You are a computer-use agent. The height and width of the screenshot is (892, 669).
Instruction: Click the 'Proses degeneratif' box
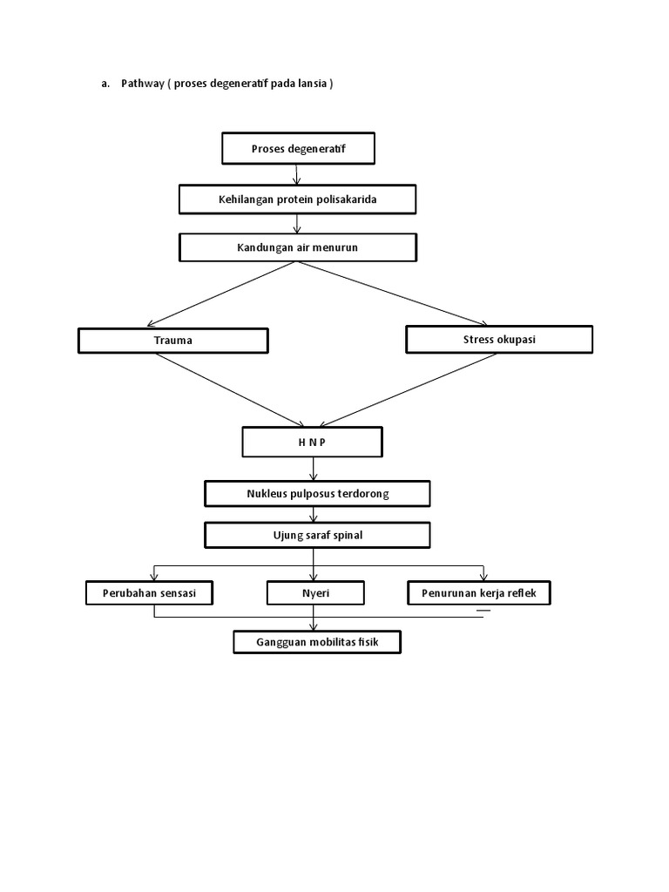[298, 149]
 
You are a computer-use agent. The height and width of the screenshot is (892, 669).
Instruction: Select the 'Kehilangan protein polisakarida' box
[297, 199]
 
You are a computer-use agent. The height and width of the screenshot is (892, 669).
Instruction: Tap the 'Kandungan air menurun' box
[297, 247]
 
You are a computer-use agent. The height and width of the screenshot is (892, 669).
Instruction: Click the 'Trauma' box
[172, 341]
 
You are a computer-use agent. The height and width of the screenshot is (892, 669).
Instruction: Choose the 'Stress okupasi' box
[499, 340]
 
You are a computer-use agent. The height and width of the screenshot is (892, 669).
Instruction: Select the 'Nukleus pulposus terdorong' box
[317, 494]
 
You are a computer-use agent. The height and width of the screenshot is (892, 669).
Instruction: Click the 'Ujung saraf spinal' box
[317, 535]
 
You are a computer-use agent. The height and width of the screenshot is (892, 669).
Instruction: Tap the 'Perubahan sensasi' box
[150, 594]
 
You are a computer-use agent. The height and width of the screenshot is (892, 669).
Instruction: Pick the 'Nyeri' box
[315, 594]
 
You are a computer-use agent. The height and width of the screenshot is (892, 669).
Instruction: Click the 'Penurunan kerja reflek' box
[479, 594]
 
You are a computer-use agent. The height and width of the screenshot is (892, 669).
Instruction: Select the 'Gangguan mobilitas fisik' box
[317, 643]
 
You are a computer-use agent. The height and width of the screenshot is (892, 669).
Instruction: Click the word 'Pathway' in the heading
[141, 84]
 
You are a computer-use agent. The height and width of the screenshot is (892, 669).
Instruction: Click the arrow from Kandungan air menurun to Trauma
[225, 292]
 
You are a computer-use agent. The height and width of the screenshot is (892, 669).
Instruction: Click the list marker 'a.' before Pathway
[105, 84]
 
